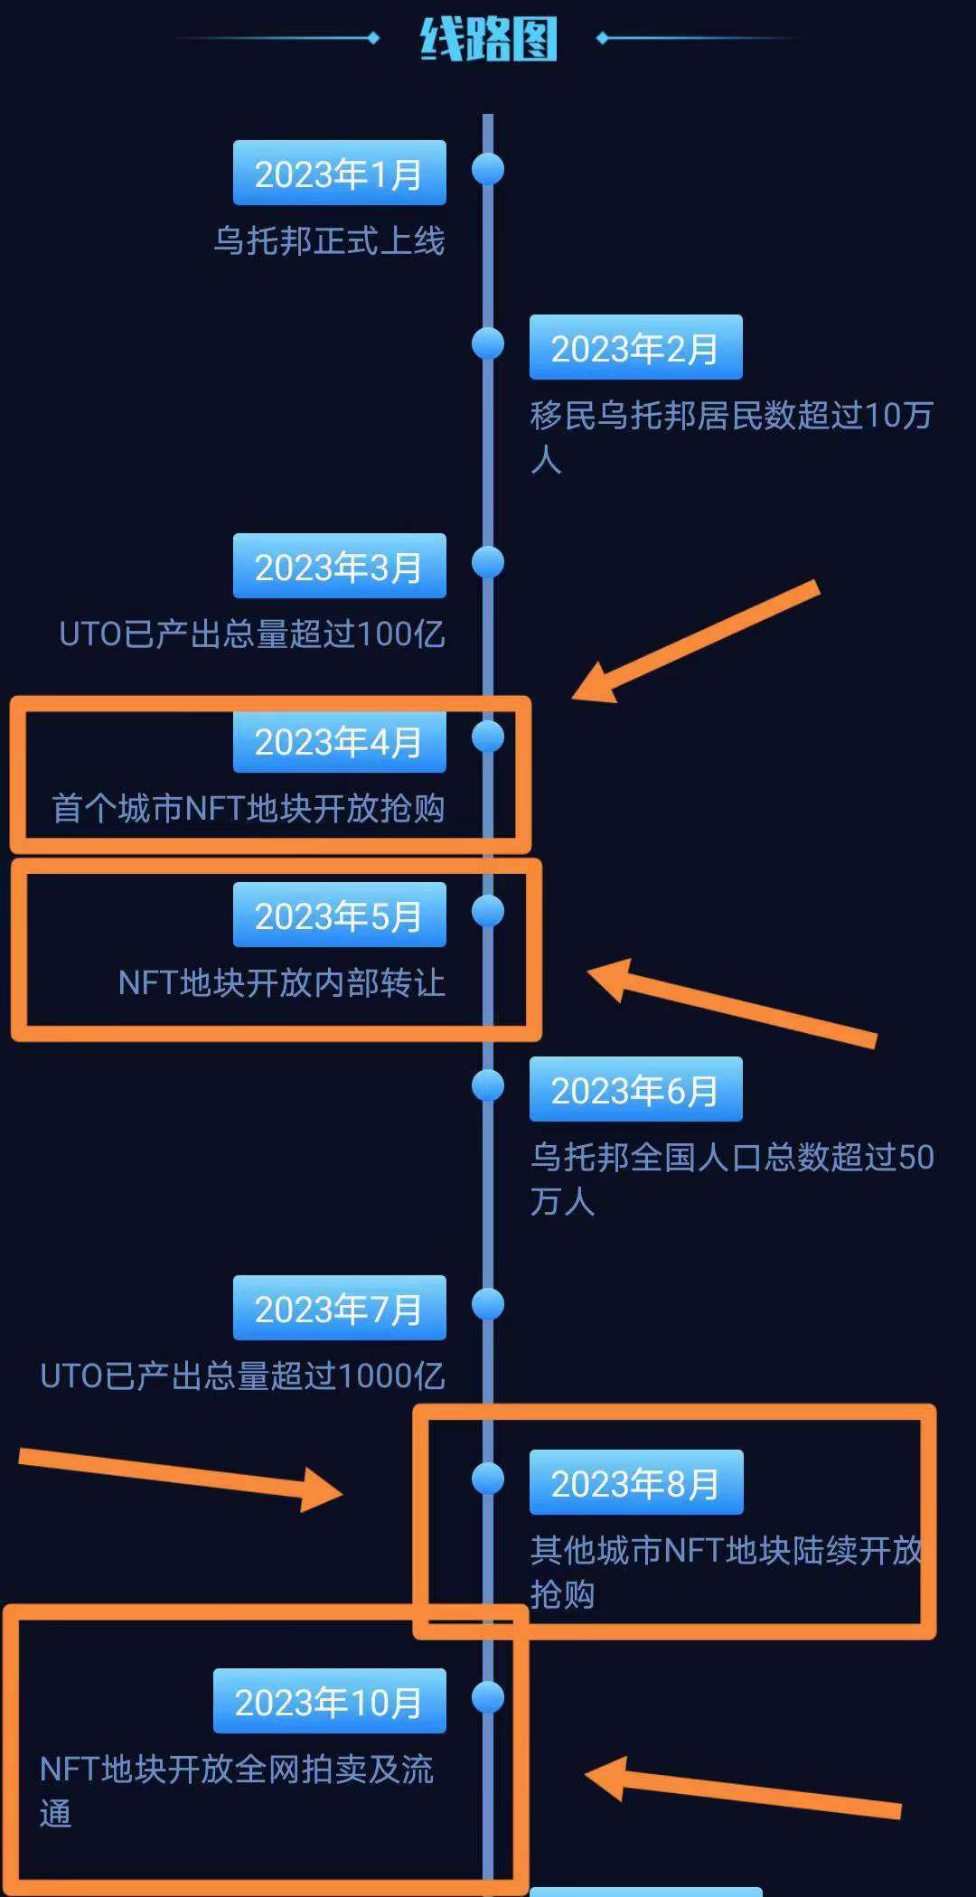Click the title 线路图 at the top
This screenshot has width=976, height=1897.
click(488, 40)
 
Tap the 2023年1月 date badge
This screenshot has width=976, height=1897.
click(339, 174)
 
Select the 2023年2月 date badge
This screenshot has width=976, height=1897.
click(635, 348)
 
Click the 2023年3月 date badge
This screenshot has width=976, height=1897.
click(339, 567)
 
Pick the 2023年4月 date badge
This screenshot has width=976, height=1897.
click(339, 742)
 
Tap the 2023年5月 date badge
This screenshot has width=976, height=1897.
click(339, 916)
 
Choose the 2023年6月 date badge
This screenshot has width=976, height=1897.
click(635, 1090)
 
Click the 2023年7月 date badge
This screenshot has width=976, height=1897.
click(339, 1309)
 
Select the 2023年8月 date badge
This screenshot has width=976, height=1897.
click(635, 1483)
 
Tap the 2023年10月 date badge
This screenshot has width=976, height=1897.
click(329, 1702)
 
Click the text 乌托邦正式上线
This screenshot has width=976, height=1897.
click(329, 241)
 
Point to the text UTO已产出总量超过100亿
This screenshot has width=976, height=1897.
click(252, 634)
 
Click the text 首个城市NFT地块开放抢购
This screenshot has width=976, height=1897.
click(249, 808)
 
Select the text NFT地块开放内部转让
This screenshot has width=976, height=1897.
click(281, 982)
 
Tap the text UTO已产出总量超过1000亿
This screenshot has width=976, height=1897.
click(242, 1376)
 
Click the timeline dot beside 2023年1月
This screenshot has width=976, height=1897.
click(488, 169)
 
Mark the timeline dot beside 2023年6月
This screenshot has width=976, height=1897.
click(488, 1085)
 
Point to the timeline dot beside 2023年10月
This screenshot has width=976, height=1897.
click(488, 1697)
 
